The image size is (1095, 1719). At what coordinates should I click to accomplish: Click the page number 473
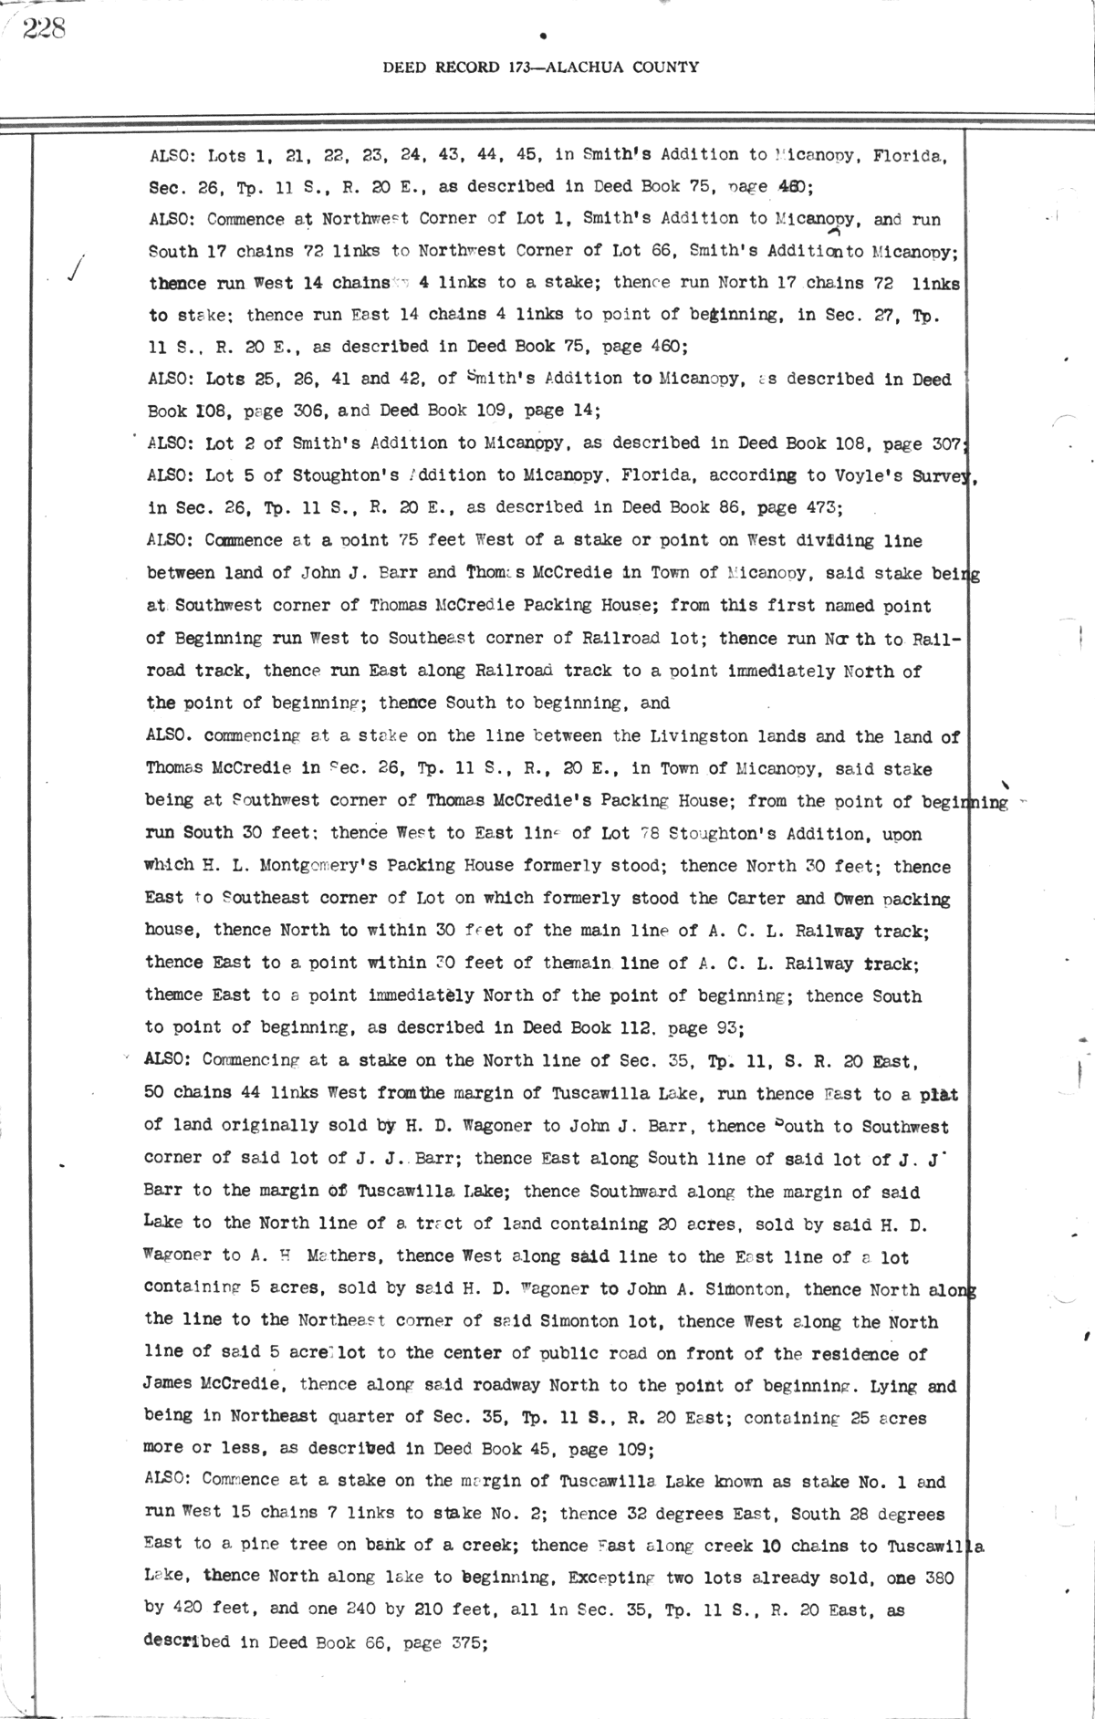(825, 507)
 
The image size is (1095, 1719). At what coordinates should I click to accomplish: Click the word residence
(853, 1354)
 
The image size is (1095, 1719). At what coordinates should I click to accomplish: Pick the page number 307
(941, 443)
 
